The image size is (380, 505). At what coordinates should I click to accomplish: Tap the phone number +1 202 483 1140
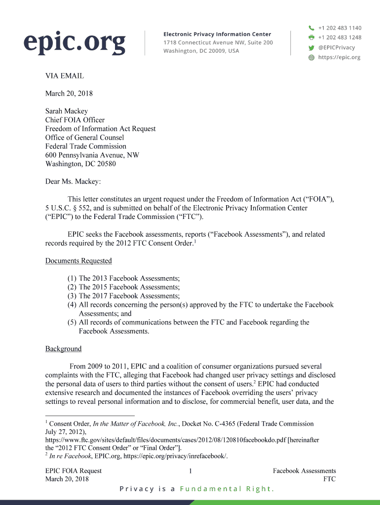340,28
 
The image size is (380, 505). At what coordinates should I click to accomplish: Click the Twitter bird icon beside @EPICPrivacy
311,48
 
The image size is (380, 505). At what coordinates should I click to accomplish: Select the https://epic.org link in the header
340,57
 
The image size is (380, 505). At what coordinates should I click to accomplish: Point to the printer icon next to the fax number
311,37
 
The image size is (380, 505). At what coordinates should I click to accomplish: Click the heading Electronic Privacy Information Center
217,34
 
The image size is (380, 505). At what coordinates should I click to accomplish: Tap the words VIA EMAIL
65,76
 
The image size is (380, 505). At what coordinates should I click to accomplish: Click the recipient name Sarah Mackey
67,111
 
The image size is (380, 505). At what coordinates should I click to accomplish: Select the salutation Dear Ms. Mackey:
73,181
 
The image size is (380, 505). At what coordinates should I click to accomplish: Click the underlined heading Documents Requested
78,260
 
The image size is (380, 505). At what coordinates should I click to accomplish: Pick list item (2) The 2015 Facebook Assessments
124,287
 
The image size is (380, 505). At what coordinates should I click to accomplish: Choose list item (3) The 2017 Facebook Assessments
124,296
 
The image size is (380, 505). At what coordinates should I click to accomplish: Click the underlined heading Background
63,349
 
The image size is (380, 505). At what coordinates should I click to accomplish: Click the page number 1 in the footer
190,471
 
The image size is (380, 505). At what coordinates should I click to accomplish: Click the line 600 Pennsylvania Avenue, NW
92,155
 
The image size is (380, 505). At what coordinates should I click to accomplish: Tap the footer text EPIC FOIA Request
74,470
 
